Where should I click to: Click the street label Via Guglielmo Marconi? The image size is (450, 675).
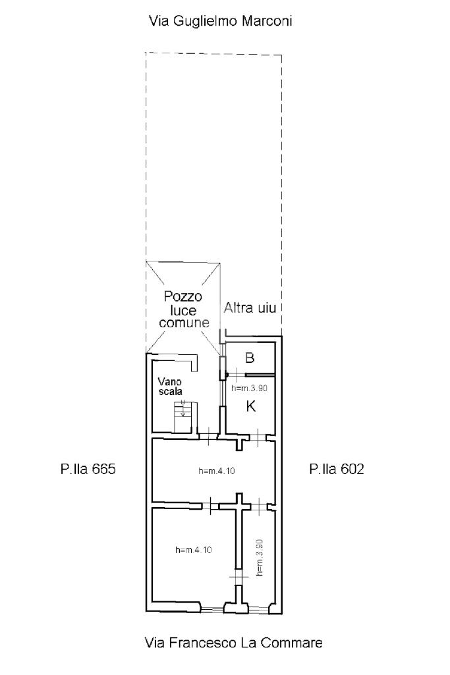[x=220, y=22]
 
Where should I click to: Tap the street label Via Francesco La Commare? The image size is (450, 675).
[x=234, y=643]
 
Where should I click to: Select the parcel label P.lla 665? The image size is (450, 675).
[x=88, y=469]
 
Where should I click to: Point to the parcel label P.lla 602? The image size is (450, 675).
[x=336, y=469]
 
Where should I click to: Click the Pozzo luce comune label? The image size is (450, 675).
[x=183, y=310]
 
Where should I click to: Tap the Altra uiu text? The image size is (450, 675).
[x=250, y=308]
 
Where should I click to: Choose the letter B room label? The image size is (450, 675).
[x=249, y=358]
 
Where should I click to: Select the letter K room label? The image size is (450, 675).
[x=250, y=406]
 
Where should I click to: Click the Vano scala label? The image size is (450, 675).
[x=170, y=387]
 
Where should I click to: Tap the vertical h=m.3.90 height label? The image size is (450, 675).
[x=259, y=558]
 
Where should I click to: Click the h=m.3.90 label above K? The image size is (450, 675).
[x=249, y=388]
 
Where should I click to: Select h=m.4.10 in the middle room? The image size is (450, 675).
[x=217, y=471]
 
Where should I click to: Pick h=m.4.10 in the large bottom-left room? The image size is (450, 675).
[x=193, y=550]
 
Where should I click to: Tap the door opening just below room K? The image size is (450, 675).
[x=258, y=438]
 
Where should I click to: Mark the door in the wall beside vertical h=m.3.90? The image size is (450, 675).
[x=237, y=576]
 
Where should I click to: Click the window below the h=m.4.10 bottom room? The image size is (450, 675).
[x=212, y=608]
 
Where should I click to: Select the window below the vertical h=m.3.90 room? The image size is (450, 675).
[x=259, y=608]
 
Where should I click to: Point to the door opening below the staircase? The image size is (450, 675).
[x=208, y=436]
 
